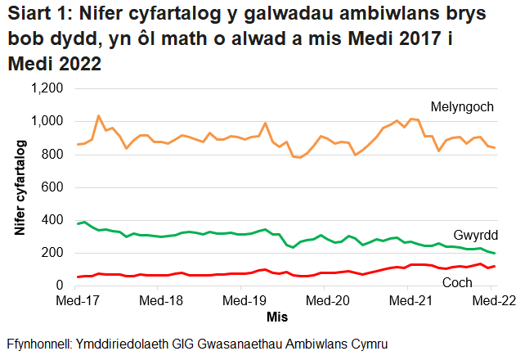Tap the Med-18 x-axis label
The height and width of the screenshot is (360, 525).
pos(160,300)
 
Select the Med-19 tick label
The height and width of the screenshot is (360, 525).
pos(243,300)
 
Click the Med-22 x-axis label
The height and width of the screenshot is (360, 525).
pos(491,300)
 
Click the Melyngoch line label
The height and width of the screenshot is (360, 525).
pos(463,106)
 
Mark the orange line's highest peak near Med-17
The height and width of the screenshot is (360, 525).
pos(98,116)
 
